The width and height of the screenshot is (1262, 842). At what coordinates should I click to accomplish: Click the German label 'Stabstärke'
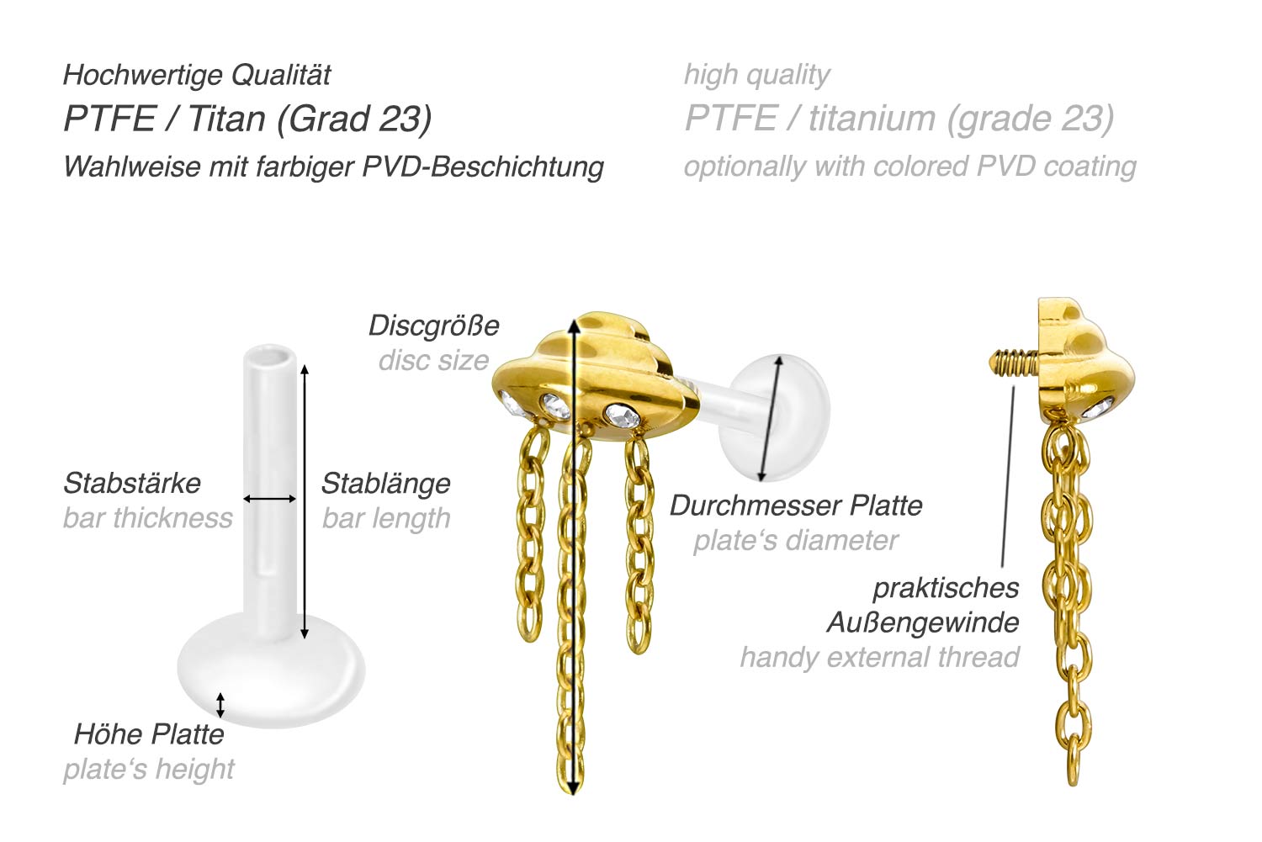(132, 483)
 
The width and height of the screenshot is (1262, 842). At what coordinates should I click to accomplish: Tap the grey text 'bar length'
(386, 519)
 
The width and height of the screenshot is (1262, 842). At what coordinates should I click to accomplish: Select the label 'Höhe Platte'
(149, 734)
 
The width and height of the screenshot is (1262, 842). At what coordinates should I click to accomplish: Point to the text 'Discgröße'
(434, 326)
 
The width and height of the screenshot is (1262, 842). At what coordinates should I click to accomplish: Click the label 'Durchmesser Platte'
(796, 506)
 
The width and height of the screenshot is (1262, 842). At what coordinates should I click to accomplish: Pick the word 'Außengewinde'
(923, 623)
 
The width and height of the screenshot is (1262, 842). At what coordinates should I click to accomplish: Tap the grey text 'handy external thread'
(879, 657)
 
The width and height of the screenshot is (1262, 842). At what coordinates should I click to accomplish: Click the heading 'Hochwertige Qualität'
(197, 76)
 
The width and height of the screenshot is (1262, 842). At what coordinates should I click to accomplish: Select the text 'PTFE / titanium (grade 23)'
(899, 119)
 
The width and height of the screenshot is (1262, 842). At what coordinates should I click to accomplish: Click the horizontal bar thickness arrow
(269, 499)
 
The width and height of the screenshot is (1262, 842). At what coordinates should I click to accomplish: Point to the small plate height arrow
(220, 705)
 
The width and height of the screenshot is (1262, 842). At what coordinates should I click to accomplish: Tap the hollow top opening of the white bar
(270, 357)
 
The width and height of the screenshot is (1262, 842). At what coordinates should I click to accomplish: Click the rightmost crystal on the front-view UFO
(622, 416)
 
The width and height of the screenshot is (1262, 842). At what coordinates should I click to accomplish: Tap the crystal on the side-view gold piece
(1097, 408)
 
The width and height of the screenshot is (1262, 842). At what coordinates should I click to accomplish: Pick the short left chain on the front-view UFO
(531, 535)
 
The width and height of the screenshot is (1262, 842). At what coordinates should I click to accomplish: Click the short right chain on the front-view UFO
(639, 546)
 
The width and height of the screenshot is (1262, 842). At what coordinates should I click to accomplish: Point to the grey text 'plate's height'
(149, 770)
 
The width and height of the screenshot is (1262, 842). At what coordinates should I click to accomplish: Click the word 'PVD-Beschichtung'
(483, 167)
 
